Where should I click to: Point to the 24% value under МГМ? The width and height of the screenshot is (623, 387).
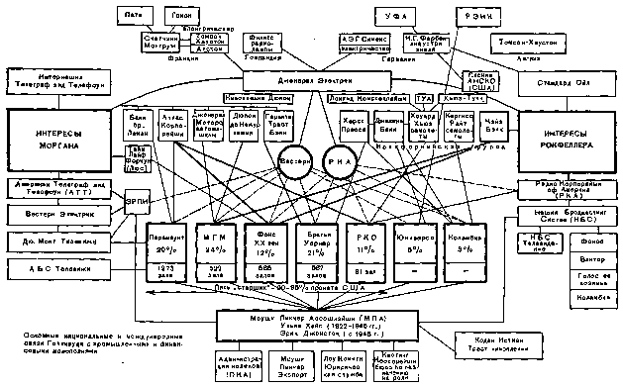pyautogui.click(x=210, y=251)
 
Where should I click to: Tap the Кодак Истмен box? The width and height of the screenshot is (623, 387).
pyautogui.click(x=488, y=341)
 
